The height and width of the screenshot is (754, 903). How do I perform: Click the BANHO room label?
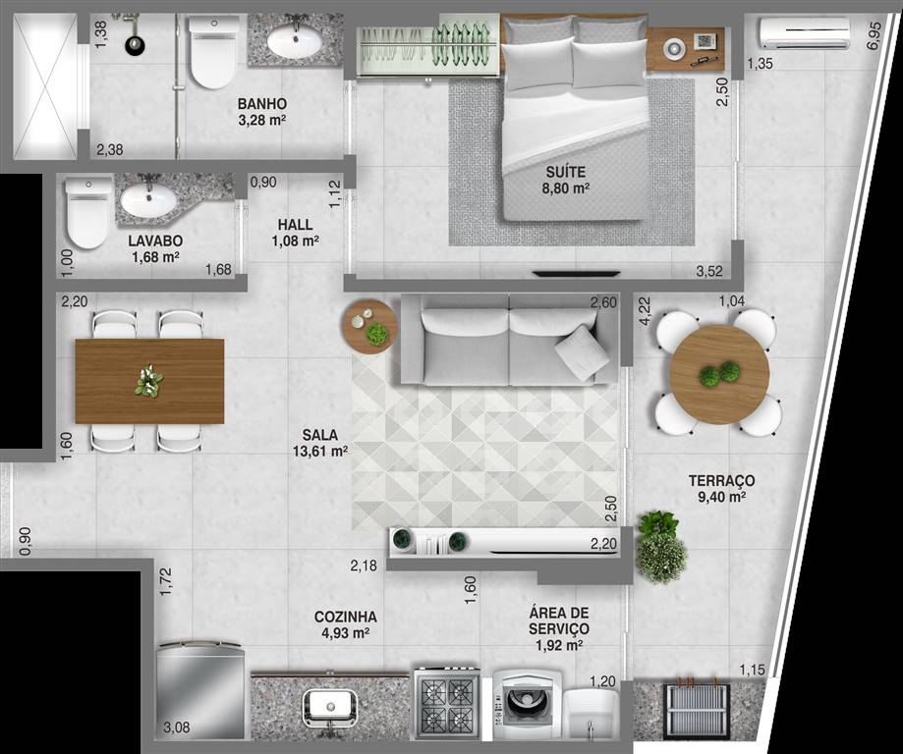262,104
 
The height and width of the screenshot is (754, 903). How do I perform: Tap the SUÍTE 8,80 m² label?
566,179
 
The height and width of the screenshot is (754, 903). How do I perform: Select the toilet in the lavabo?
87,213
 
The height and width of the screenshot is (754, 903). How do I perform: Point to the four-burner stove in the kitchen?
446,703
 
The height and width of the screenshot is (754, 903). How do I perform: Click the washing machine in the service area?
527,704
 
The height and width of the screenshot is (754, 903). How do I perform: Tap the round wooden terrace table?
719,375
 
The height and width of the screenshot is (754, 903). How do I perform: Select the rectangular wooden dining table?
149,381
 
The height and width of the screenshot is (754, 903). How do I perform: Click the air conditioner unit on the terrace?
805,33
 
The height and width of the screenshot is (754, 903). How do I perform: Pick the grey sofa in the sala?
509,340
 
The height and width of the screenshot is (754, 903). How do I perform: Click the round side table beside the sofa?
369,326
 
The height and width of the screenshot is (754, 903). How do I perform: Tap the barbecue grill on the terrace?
697,711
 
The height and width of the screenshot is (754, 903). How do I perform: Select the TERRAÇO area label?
721,488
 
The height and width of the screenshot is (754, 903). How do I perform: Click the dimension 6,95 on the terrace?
874,35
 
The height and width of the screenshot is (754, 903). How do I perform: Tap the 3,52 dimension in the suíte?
708,271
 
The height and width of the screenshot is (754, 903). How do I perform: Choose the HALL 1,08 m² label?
296,233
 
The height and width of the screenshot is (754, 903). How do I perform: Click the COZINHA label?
346,617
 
